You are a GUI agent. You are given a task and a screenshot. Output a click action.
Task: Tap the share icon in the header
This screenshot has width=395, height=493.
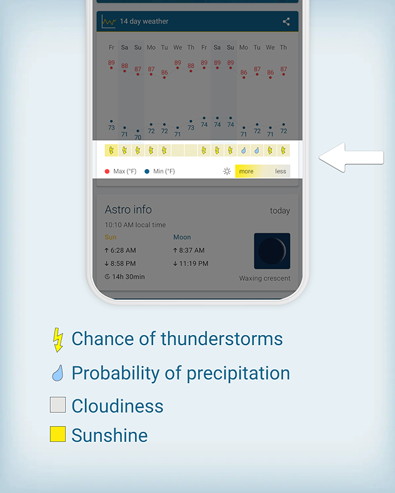(286, 21)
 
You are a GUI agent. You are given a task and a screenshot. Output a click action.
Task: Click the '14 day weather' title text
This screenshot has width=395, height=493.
(144, 21)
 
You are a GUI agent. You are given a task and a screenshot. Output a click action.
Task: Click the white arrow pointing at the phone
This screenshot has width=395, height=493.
(351, 157)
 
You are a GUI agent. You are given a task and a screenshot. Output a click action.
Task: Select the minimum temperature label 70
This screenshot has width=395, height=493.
(137, 137)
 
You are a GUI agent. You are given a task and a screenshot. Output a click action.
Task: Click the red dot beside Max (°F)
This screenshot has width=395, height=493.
(107, 172)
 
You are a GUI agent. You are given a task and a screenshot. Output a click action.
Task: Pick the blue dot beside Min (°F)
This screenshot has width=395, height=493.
(147, 172)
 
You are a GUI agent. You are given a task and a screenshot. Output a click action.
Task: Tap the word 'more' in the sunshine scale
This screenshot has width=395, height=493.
(246, 172)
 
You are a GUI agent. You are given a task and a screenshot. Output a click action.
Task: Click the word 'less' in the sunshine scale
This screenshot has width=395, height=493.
(281, 172)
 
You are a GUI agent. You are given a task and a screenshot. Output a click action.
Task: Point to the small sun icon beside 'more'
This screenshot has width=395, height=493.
(227, 172)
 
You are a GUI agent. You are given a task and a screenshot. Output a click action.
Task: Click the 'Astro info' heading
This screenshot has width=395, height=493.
(128, 210)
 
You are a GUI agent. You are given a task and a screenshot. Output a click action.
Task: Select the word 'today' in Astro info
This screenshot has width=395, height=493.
(280, 211)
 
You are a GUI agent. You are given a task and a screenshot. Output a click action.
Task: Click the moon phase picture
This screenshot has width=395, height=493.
(272, 251)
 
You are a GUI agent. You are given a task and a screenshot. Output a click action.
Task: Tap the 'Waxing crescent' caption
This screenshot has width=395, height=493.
(264, 278)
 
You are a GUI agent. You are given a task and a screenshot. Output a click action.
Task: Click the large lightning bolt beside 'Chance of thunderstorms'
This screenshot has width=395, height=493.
(58, 340)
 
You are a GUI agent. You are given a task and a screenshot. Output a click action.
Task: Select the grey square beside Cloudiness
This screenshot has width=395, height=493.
(58, 404)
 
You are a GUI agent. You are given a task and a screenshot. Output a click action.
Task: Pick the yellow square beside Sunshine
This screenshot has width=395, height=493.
(58, 434)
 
